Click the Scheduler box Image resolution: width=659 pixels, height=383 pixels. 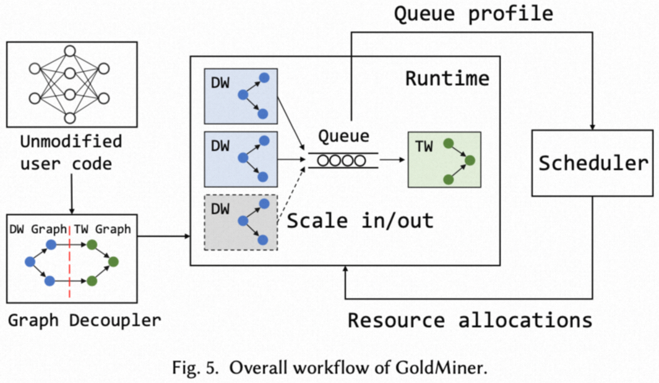click(x=593, y=163)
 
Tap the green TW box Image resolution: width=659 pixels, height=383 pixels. click(x=444, y=160)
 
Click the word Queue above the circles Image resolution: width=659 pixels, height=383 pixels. click(x=343, y=136)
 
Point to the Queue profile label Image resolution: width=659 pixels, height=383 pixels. click(x=473, y=14)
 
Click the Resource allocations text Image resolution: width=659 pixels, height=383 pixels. click(x=470, y=320)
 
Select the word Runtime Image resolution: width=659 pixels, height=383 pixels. click(x=447, y=79)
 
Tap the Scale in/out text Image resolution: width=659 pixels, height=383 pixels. click(x=360, y=221)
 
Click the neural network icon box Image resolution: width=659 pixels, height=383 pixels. click(x=71, y=84)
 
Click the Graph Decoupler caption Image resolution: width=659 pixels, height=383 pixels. click(x=84, y=320)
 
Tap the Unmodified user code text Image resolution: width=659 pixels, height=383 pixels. click(x=71, y=152)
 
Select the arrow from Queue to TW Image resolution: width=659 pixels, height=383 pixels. click(x=393, y=160)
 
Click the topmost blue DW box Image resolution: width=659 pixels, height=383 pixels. click(x=241, y=96)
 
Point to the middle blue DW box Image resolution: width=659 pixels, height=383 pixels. click(x=241, y=159)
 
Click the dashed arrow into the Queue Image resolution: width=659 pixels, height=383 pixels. click(x=293, y=189)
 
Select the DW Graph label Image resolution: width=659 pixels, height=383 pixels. click(x=37, y=230)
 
